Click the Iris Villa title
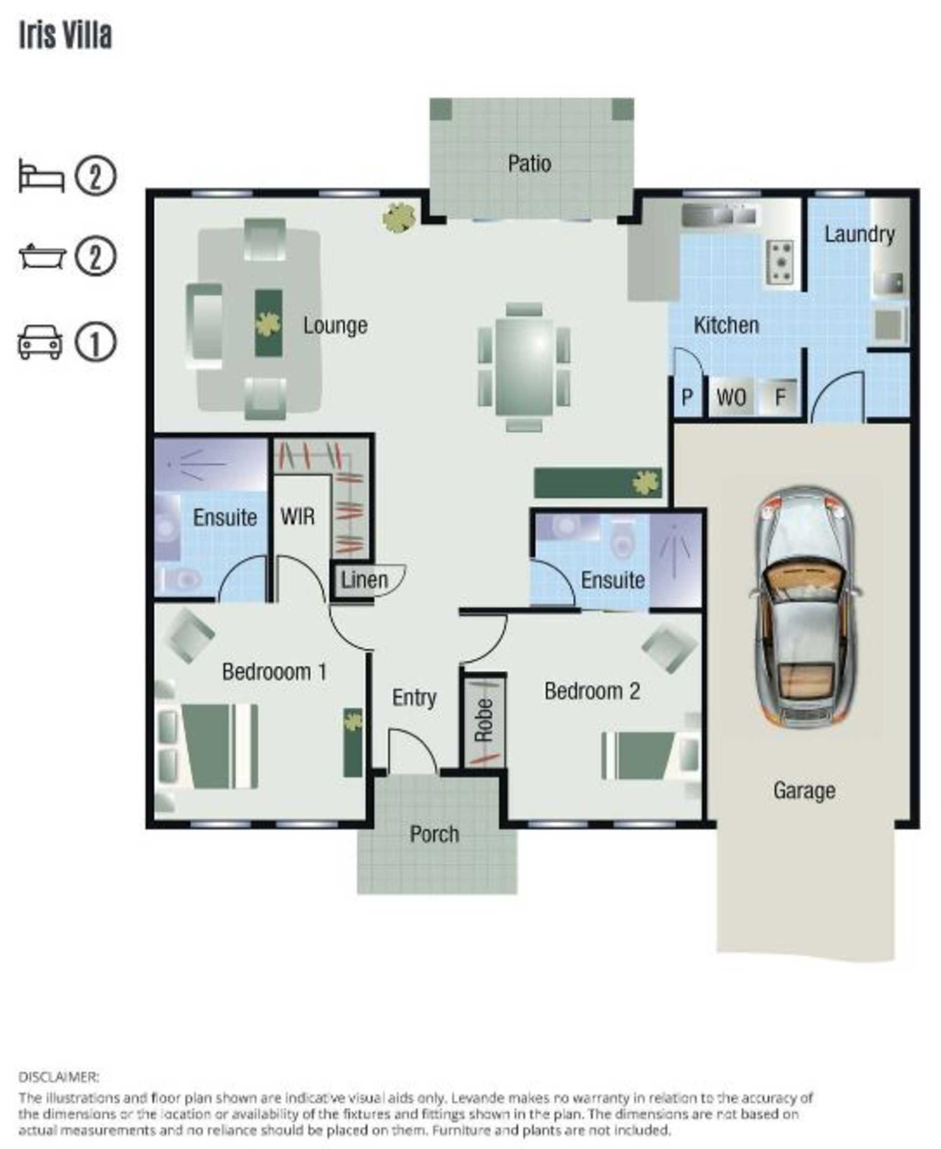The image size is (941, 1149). (66, 35)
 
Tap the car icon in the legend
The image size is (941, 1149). (40, 342)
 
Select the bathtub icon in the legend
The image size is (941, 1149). (42, 256)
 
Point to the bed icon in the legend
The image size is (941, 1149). (41, 175)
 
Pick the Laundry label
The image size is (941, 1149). (859, 234)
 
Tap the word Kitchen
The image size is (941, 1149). (726, 325)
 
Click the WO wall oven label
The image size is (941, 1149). (731, 398)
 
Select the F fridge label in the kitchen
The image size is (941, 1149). (780, 398)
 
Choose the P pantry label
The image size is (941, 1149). (687, 398)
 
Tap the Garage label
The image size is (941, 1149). (804, 791)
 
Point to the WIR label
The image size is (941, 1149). (297, 516)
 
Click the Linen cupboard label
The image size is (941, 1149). (364, 580)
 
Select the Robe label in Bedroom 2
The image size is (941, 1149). (484, 720)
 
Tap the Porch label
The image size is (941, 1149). (434, 834)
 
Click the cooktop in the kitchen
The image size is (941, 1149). (781, 262)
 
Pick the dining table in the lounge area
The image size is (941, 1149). (523, 367)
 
